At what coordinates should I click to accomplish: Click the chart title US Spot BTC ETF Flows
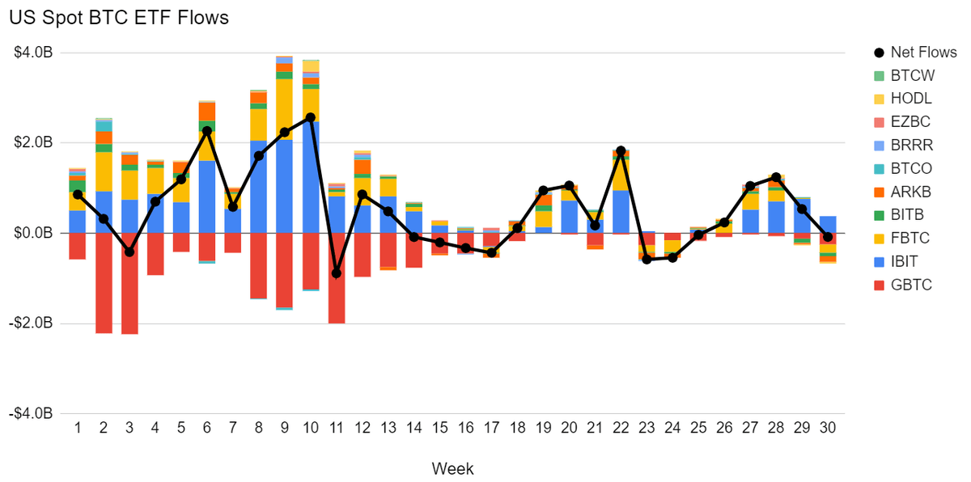[x=119, y=18]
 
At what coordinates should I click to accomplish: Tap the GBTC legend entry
[x=911, y=285]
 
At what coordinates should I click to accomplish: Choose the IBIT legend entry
[x=905, y=261]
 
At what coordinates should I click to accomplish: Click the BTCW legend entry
[x=913, y=75]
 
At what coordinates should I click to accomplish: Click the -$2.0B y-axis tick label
[x=33, y=323]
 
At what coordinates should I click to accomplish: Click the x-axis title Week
[x=452, y=468]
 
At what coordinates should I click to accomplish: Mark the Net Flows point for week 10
[x=310, y=117]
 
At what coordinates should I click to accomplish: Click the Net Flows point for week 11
[x=336, y=273]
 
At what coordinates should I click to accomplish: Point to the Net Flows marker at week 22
[x=621, y=151]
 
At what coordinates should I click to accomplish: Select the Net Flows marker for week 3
[x=129, y=252]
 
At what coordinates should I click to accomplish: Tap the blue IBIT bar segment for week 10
[x=310, y=177]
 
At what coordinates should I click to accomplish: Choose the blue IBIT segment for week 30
[x=828, y=224]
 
